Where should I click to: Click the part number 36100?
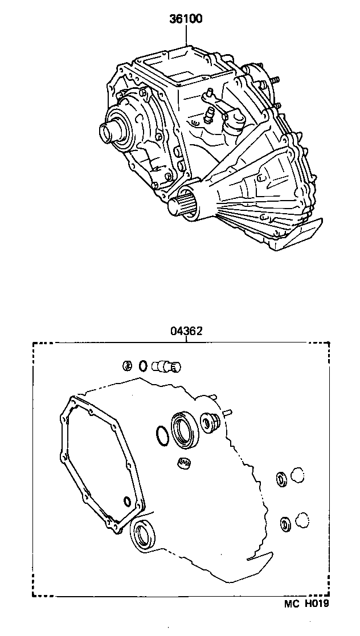[x=186, y=19]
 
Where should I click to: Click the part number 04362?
[x=186, y=331]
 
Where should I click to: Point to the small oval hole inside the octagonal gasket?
[x=126, y=501]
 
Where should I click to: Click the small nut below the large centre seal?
[x=184, y=463]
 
